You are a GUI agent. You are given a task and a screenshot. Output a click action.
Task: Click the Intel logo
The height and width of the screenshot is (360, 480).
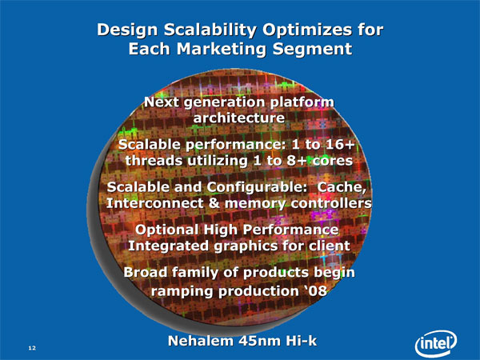pyautogui.click(x=436, y=344)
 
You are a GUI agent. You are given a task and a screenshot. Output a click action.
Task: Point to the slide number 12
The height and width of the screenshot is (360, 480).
pyautogui.click(x=32, y=348)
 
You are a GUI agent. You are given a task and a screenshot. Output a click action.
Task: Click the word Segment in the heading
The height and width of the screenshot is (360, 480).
pyautogui.click(x=312, y=50)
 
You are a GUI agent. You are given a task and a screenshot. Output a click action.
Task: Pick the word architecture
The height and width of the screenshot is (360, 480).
pyautogui.click(x=239, y=118)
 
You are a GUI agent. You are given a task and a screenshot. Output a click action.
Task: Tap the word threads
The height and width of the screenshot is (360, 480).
pyautogui.click(x=154, y=161)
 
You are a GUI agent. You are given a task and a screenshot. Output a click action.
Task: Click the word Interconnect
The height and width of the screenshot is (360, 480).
pyautogui.click(x=154, y=203)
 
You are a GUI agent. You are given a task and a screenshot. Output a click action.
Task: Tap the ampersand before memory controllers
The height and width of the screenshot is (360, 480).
pyautogui.click(x=214, y=203)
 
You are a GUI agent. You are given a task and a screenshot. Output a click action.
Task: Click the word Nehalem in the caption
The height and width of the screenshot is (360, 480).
pyautogui.click(x=201, y=341)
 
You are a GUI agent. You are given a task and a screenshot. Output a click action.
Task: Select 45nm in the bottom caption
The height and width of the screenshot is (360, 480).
pyautogui.click(x=259, y=341)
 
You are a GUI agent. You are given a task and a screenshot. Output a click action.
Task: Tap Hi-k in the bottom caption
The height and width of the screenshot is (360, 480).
pyautogui.click(x=302, y=341)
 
